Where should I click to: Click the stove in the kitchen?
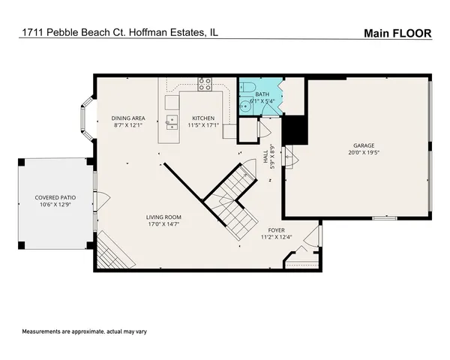coord(205,84)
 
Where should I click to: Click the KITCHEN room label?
coord(203,118)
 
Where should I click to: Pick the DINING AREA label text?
coord(128,118)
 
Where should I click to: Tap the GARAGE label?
coord(364,145)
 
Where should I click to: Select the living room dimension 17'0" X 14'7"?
coord(164,224)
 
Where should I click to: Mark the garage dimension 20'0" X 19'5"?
coord(364,153)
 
